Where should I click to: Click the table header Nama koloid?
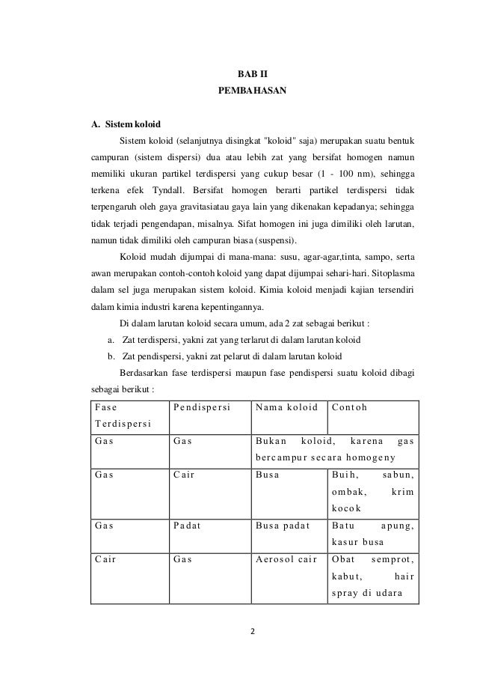click(x=286, y=408)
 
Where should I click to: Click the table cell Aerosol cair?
click(x=286, y=561)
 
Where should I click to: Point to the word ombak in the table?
click(x=348, y=492)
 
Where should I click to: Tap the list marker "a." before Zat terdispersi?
click(x=111, y=339)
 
